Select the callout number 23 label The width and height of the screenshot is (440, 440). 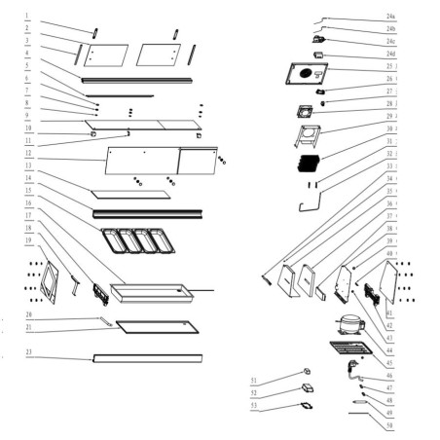[x=29, y=350]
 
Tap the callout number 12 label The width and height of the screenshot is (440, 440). [x=29, y=154]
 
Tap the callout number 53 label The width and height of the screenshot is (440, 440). [x=253, y=404]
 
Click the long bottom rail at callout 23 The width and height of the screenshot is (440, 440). [x=147, y=358]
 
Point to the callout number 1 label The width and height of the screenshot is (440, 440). [x=28, y=17]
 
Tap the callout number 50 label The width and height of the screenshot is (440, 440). [x=389, y=426]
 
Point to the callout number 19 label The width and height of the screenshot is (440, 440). [x=29, y=238]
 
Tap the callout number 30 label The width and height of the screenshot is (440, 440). [x=390, y=128]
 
